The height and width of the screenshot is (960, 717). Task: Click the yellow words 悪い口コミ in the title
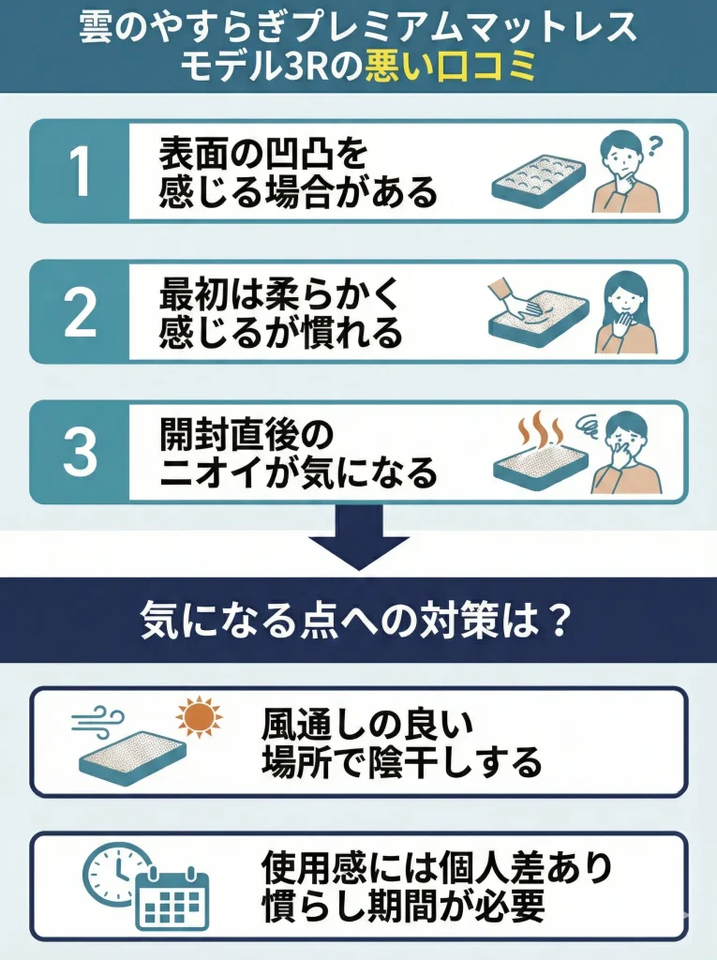(x=451, y=67)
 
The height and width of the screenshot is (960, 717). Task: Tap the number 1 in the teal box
(x=81, y=172)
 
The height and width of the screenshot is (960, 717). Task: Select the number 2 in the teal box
(x=81, y=312)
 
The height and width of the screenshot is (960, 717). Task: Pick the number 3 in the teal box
(x=81, y=453)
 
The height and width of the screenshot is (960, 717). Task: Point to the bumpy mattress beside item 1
(x=539, y=182)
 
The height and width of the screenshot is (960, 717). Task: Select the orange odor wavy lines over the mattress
(x=539, y=430)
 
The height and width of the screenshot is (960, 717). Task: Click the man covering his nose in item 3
(x=624, y=453)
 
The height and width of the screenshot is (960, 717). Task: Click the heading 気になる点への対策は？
(x=357, y=621)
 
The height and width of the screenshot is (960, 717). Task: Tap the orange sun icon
(x=199, y=717)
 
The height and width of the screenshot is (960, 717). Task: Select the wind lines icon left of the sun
(x=98, y=721)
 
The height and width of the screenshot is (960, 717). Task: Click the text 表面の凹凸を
(x=263, y=154)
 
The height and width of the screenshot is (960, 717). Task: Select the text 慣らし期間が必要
(x=404, y=906)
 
